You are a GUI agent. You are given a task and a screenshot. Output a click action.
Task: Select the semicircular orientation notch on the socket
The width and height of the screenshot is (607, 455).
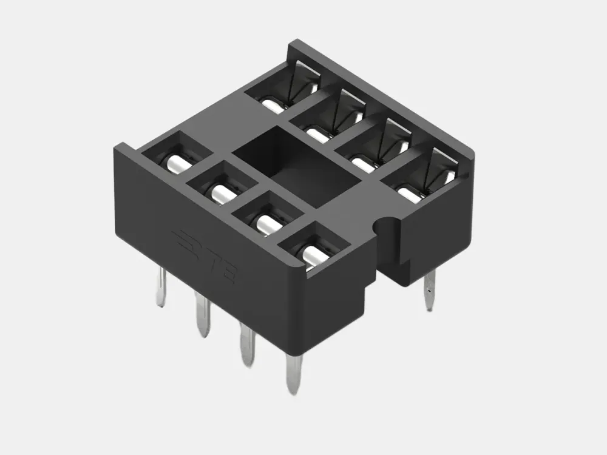click(x=386, y=225)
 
